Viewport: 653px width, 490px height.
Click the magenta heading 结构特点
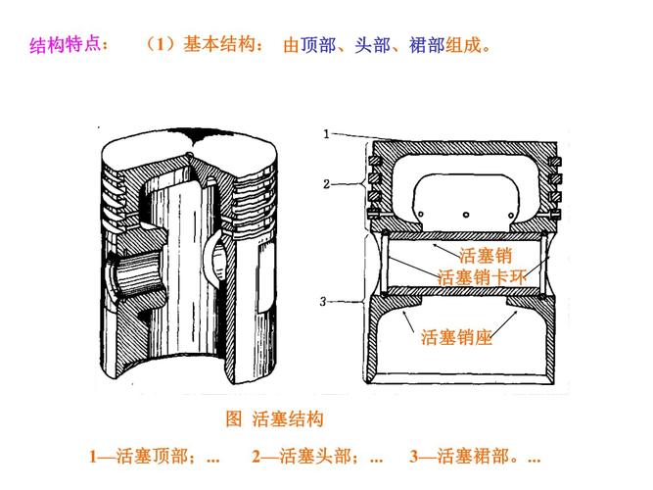[x=70, y=46]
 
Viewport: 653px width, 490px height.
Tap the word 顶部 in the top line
[x=318, y=46]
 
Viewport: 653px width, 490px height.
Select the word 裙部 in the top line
[x=427, y=46]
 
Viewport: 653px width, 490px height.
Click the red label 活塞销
[x=486, y=256]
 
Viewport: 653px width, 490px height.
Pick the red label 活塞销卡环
[x=482, y=277]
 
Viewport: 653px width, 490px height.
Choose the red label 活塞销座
[x=456, y=338]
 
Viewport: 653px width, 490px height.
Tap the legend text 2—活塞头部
[x=306, y=457]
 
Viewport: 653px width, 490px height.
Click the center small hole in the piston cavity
[x=467, y=213]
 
